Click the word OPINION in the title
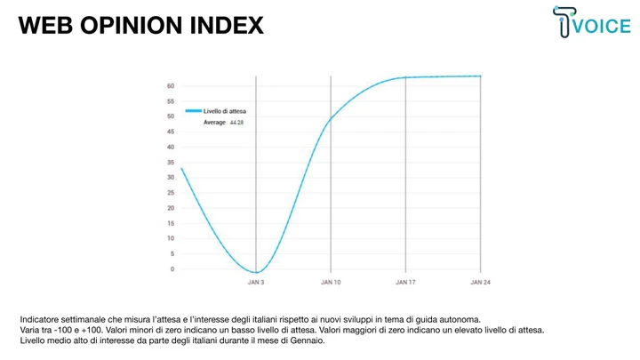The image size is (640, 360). click(x=131, y=25)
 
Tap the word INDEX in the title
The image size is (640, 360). click(x=227, y=25)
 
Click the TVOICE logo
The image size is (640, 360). click(x=591, y=22)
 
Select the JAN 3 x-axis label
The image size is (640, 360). click(x=256, y=283)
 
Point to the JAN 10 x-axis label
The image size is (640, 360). click(x=331, y=283)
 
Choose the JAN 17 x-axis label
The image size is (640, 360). click(x=405, y=283)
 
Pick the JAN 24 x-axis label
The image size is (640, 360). click(x=480, y=283)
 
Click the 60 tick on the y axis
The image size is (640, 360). click(x=171, y=86)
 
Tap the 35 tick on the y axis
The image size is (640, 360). click(x=171, y=163)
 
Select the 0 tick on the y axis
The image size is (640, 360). click(x=172, y=269)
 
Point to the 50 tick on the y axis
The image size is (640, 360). click(x=171, y=116)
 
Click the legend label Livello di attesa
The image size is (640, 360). click(x=225, y=111)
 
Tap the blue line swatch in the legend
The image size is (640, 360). click(x=194, y=111)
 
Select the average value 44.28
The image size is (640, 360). click(x=236, y=123)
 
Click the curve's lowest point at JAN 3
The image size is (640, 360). click(x=256, y=272)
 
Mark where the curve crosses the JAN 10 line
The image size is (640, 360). click(x=331, y=119)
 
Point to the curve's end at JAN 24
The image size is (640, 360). click(x=480, y=76)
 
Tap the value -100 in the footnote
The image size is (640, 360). click(x=63, y=330)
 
